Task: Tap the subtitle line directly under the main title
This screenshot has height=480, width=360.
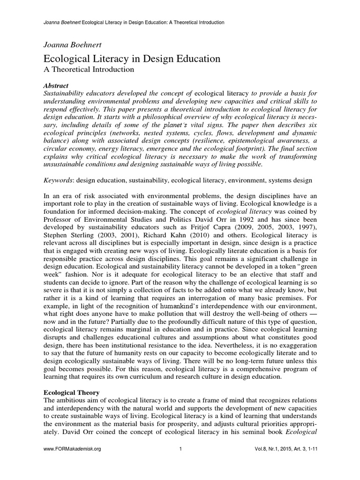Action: pos(89,70)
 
